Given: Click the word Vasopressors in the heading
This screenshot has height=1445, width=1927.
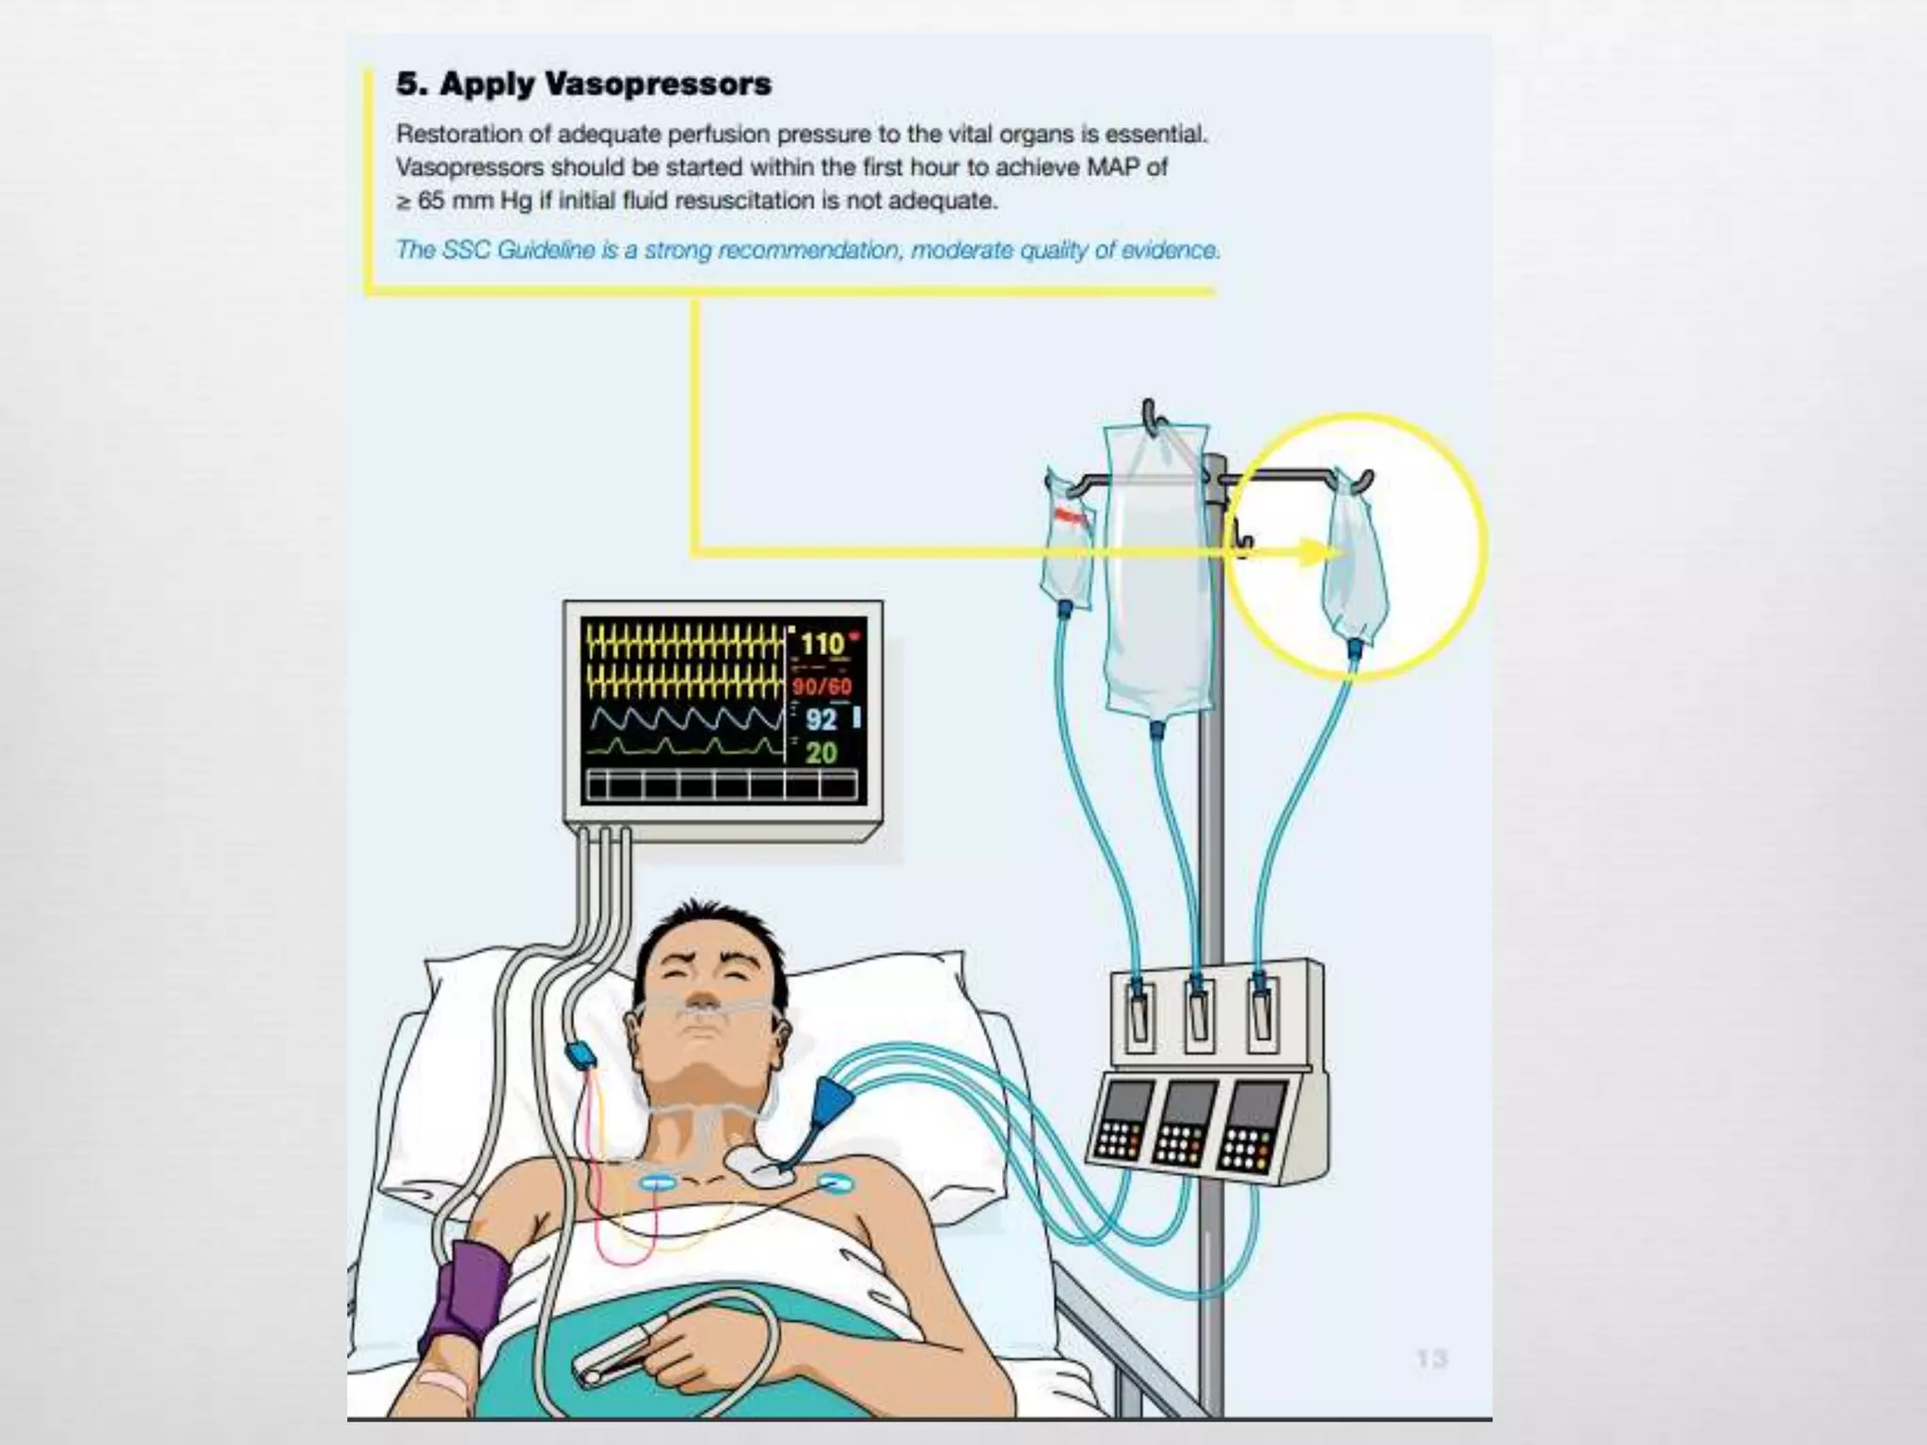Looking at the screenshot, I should (x=659, y=84).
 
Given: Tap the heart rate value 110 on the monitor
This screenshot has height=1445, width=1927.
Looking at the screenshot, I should (x=821, y=644).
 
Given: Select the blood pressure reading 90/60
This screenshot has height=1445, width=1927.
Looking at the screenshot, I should (x=821, y=686).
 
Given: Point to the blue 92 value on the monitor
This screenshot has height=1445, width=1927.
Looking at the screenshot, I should (x=820, y=720).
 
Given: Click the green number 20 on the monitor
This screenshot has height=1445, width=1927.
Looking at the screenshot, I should (x=820, y=753).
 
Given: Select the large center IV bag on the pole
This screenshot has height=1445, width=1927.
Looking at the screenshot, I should (x=1155, y=574).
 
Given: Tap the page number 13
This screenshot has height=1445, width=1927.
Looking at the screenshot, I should (x=1431, y=1358).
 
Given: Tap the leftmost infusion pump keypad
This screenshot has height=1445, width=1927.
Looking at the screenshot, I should (x=1120, y=1124).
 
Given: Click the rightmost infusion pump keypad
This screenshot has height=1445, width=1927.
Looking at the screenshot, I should (x=1250, y=1129).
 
